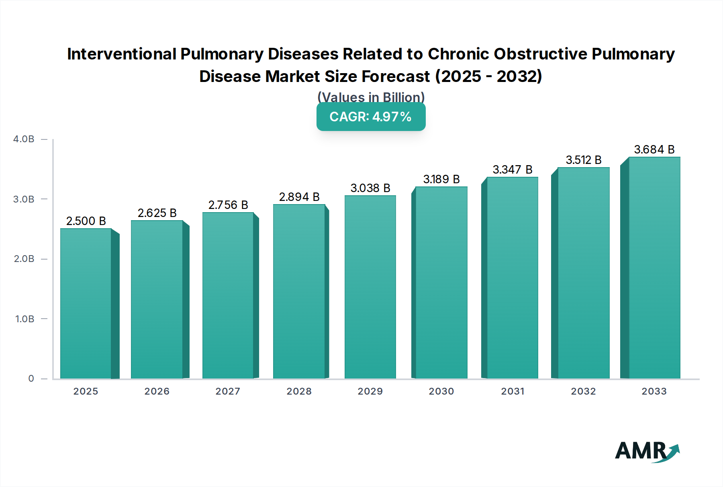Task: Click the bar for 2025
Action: (86, 303)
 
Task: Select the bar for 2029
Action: (370, 287)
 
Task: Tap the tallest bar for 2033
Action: (654, 268)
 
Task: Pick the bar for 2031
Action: (512, 278)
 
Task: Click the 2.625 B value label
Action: (157, 213)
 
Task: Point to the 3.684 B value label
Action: (654, 149)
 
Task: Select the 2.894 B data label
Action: (299, 197)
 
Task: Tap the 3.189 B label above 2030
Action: (441, 179)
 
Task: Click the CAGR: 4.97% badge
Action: (371, 117)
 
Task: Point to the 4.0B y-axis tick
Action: (24, 139)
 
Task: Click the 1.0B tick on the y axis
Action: (25, 319)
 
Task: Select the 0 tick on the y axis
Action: (31, 379)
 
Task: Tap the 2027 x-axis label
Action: (228, 391)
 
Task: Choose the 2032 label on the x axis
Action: (583, 391)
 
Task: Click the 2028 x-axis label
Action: (299, 391)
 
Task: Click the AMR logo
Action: (647, 451)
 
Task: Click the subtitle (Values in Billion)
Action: (371, 97)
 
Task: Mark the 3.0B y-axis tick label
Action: (24, 199)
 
